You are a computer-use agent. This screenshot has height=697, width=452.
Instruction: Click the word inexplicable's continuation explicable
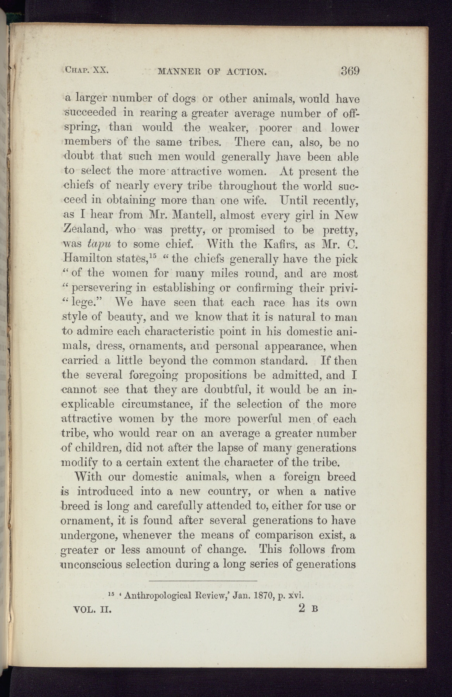click(x=88, y=404)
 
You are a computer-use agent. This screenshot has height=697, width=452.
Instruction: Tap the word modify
click(x=80, y=463)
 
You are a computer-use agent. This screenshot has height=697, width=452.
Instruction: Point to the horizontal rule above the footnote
click(x=203, y=581)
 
